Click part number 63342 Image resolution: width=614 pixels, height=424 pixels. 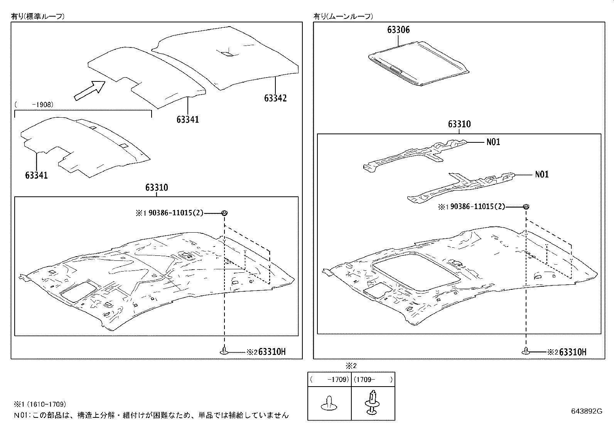[275, 98]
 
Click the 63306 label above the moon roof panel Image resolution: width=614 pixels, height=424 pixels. [398, 30]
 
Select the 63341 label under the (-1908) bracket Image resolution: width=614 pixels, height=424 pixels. [36, 176]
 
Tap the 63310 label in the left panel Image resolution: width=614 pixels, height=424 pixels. [157, 188]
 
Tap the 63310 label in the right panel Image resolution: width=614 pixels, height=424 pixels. [459, 125]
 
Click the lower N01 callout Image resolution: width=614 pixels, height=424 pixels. [541, 174]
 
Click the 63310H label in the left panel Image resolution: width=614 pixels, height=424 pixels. [272, 352]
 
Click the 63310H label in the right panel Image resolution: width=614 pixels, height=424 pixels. [573, 352]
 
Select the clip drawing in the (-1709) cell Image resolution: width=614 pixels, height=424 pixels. [328, 403]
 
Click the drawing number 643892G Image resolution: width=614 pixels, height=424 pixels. [586, 411]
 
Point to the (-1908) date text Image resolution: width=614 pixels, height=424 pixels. [34, 105]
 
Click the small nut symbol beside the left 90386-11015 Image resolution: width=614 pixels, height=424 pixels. [224, 213]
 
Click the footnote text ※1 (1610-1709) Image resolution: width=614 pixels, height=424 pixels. [40, 404]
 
